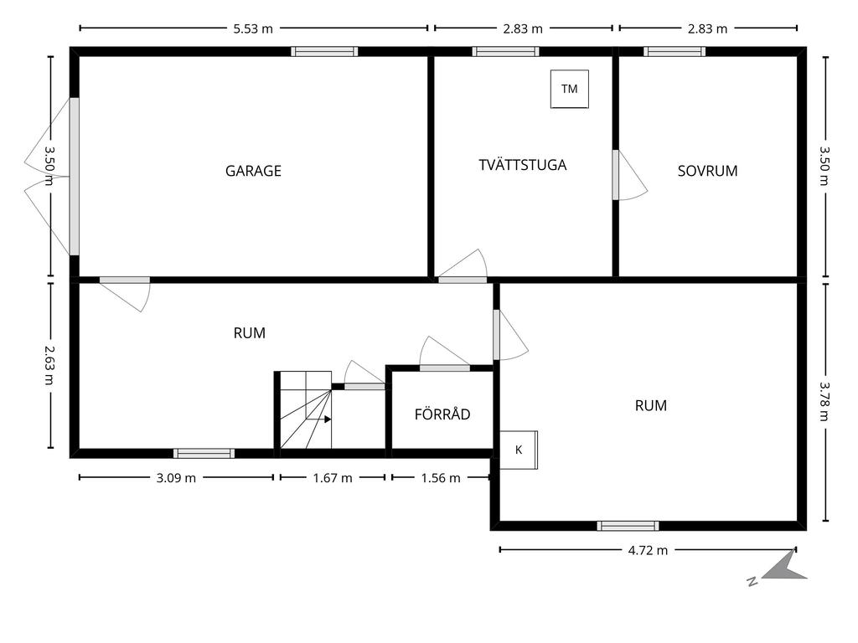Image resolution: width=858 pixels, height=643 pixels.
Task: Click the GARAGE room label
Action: coord(253,171)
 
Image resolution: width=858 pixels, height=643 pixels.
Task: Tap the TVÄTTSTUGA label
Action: coord(522,165)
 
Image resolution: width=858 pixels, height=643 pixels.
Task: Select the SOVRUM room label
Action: coord(707,171)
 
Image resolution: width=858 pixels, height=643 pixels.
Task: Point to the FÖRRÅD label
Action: coord(442,414)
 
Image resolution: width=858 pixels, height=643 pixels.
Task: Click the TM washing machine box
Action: coord(570,89)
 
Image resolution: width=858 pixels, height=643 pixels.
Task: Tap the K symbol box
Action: coord(519,450)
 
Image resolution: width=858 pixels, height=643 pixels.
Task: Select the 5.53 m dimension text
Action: coord(253,28)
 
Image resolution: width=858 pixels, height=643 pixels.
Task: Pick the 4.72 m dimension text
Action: coord(648,550)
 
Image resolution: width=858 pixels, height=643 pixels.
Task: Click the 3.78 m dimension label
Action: coord(825,402)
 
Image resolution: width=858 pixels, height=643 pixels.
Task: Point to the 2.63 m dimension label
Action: coord(49,365)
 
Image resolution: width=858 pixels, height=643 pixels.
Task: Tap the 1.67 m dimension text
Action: coord(333,478)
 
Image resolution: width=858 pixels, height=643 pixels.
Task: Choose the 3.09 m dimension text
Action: coord(176,478)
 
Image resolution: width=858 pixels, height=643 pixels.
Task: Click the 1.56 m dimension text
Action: coord(441,478)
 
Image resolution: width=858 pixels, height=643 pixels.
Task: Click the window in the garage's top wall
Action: coord(324,51)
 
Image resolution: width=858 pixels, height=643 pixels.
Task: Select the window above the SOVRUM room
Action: coord(674,51)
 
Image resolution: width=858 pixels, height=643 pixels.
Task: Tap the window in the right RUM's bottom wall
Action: coord(628,526)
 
